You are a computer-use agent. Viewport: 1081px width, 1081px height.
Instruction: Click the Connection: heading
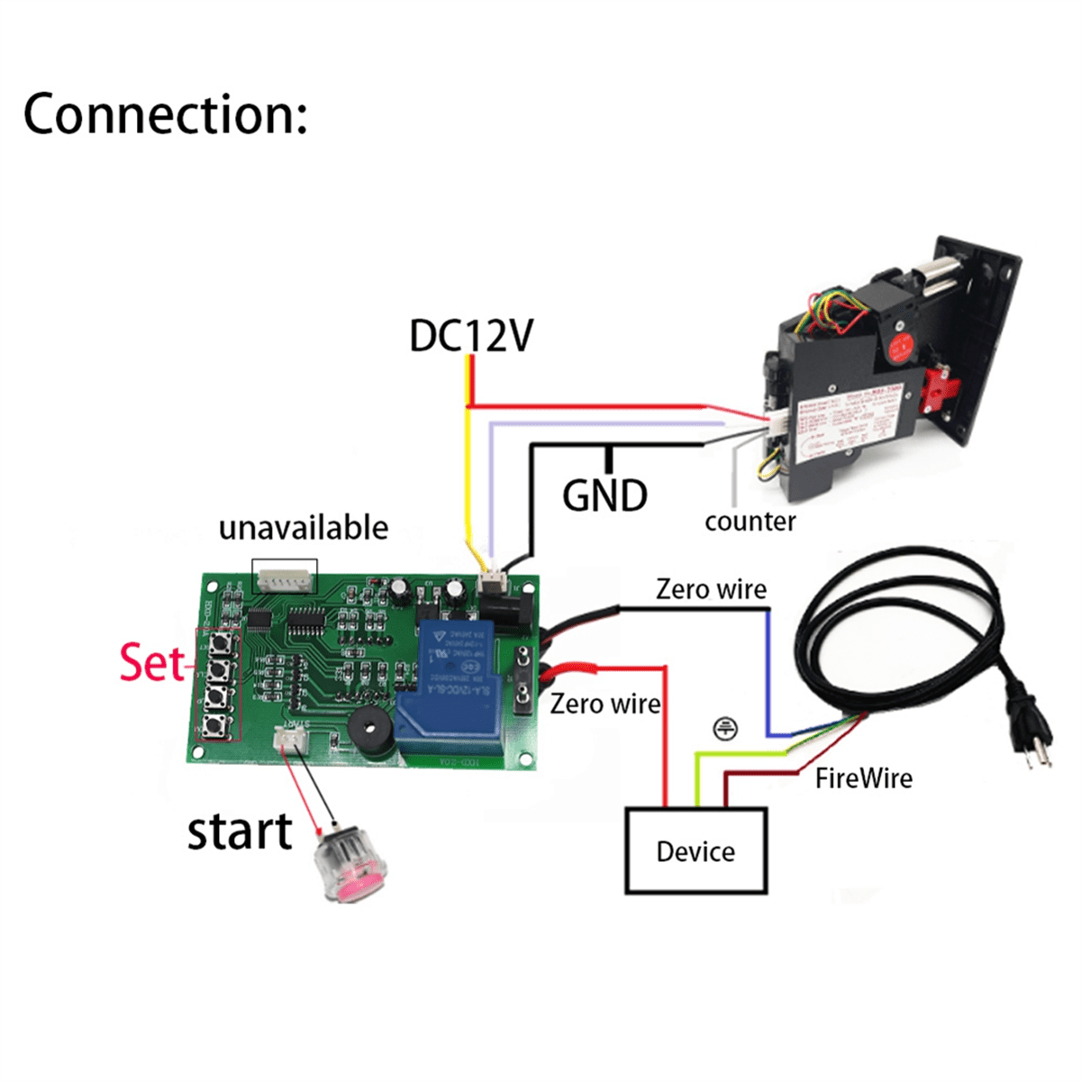[165, 114]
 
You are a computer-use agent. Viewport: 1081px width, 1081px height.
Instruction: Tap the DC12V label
[470, 335]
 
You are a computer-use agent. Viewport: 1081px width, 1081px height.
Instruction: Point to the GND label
[604, 496]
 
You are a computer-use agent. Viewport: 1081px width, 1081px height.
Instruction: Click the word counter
[749, 522]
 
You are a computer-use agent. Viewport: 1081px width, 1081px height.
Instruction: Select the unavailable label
[303, 528]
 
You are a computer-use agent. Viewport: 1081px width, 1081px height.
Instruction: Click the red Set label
[151, 663]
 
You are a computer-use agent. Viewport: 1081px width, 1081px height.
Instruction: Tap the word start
[239, 831]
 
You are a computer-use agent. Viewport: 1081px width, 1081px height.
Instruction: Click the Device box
[695, 850]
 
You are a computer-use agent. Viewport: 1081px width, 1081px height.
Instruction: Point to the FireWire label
[863, 778]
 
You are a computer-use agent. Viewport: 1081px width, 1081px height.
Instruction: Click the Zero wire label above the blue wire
[711, 589]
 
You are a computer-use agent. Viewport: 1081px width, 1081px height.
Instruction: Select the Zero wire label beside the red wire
[604, 704]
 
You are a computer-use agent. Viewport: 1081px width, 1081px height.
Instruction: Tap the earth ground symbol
[724, 728]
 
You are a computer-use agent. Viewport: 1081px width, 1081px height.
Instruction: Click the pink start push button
[350, 867]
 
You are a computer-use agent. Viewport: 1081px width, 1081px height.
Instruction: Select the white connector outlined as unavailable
[286, 577]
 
